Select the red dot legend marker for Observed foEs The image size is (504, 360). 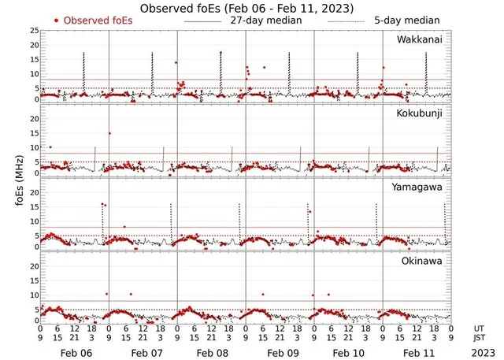point(57,20)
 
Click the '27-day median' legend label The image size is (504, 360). point(266,20)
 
